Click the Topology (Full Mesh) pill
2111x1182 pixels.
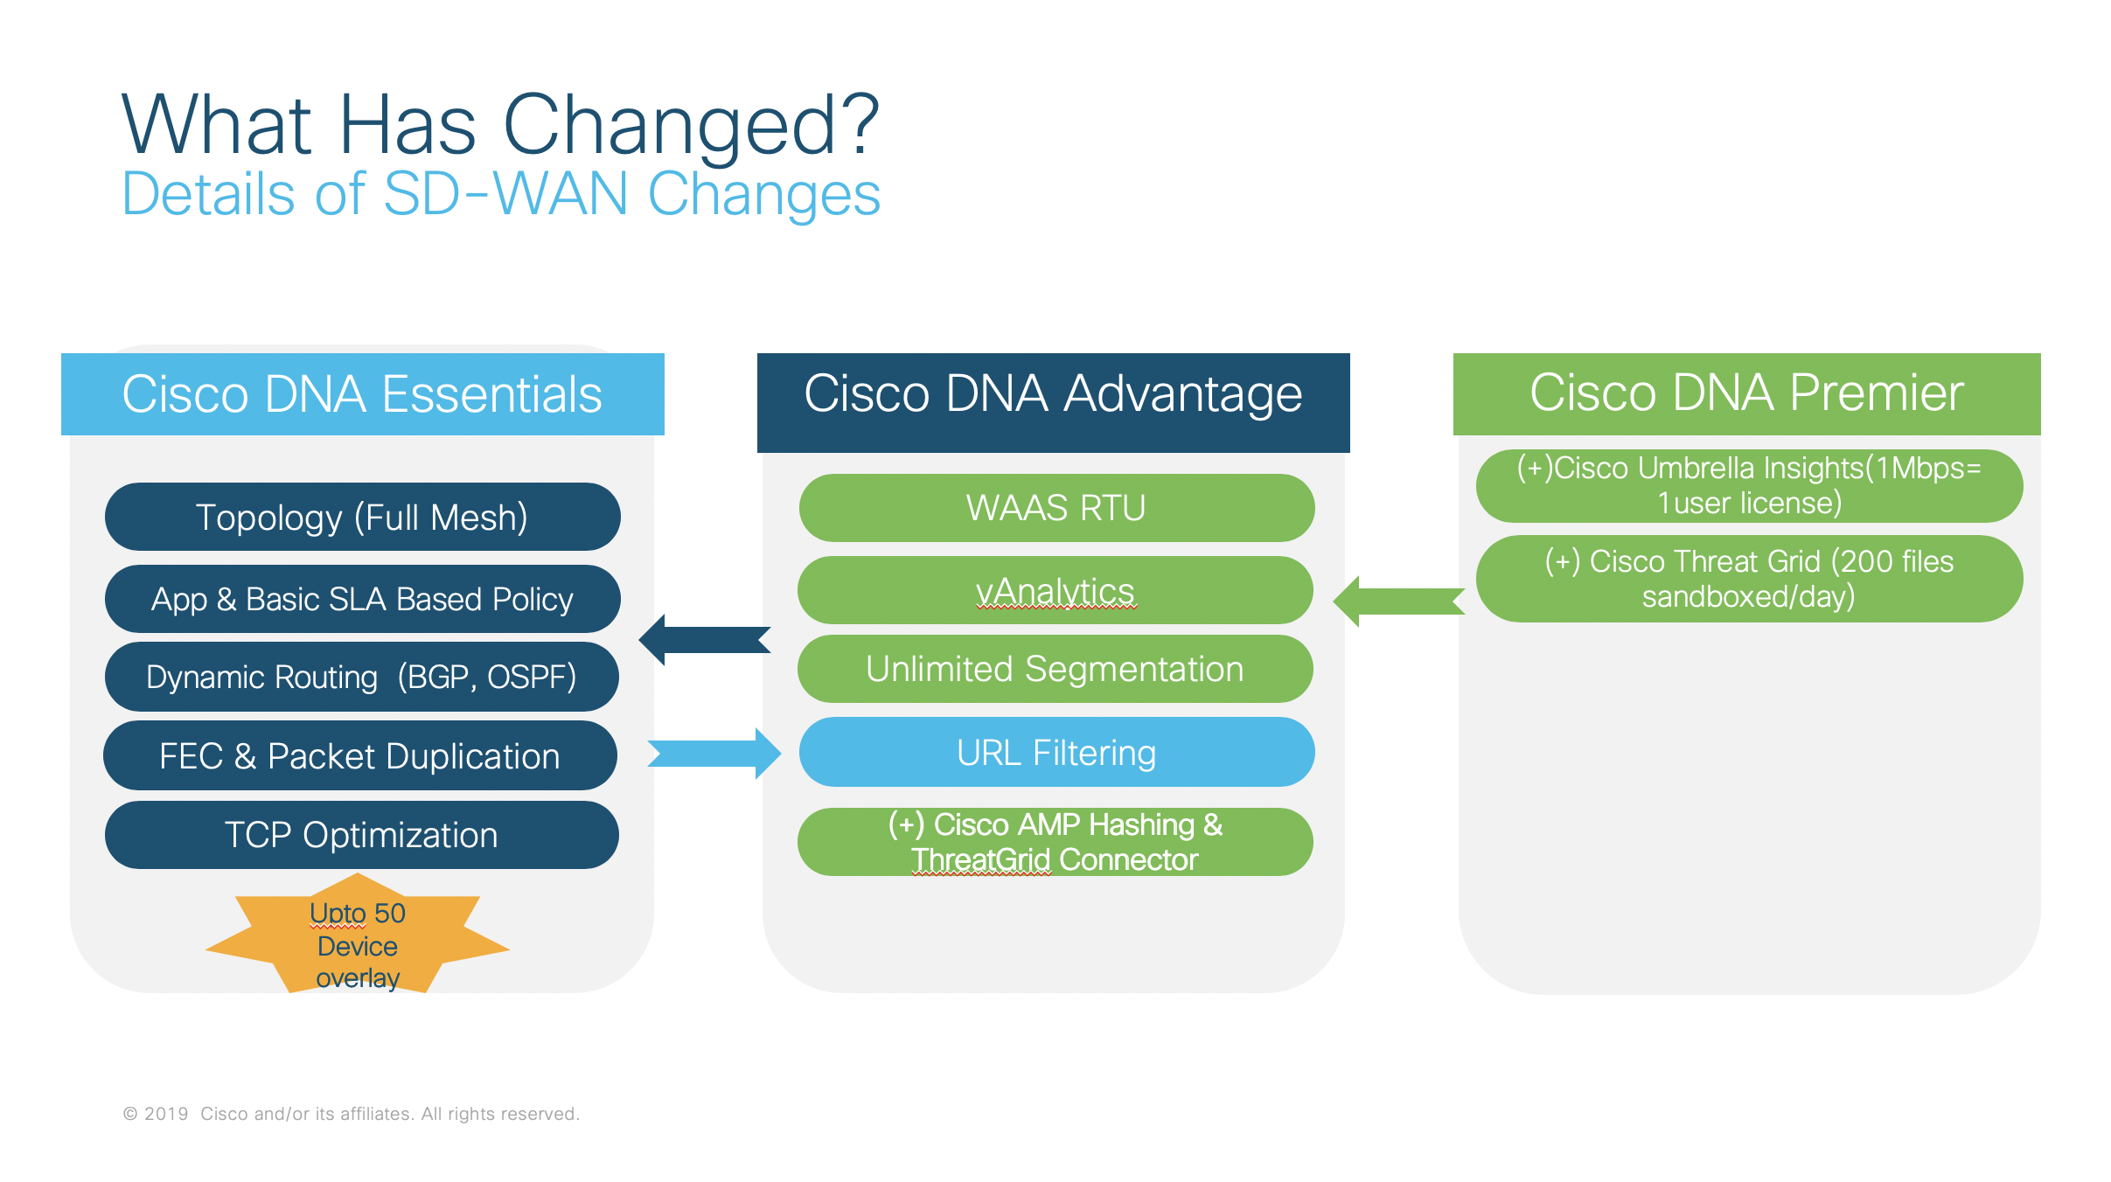click(362, 517)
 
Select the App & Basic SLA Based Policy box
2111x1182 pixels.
click(362, 599)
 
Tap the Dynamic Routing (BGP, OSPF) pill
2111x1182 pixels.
click(362, 677)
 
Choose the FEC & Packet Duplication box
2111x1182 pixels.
click(360, 755)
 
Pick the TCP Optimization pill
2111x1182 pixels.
click(362, 835)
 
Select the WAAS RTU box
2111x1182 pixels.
click(1056, 508)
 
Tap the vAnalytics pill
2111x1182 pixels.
click(1055, 590)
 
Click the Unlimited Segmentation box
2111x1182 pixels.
click(1055, 669)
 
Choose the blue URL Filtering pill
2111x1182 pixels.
click(1056, 752)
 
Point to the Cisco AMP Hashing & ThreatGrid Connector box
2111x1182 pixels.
click(1055, 842)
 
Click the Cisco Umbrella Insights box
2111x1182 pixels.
click(1749, 485)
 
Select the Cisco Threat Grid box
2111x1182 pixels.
click(1749, 579)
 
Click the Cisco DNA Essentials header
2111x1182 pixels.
click(362, 394)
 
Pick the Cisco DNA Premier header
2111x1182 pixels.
click(1746, 393)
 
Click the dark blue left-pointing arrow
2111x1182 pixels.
click(705, 640)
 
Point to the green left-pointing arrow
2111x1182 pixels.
click(1399, 601)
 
